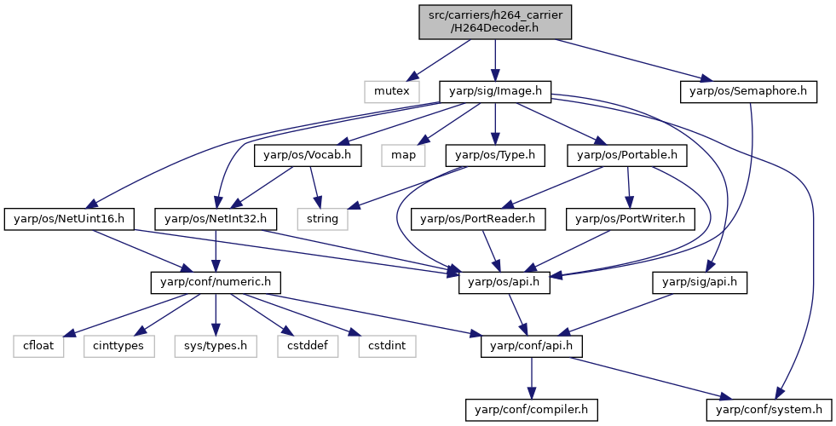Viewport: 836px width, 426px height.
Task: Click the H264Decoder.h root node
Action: (495, 22)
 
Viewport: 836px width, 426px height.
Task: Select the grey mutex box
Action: (391, 91)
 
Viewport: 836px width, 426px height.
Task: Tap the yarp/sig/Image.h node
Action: (495, 91)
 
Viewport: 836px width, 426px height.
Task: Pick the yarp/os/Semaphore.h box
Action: (748, 91)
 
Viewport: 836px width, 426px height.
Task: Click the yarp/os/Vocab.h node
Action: (307, 155)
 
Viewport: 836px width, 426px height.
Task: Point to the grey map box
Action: (403, 155)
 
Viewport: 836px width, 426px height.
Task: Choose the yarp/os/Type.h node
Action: (495, 155)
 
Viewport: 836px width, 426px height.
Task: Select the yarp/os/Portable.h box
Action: (627, 155)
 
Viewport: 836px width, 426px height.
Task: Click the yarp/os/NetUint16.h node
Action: (69, 219)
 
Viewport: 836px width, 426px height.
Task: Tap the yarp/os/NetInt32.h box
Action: (215, 219)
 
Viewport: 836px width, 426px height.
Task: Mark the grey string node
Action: (322, 219)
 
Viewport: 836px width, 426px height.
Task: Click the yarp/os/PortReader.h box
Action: (478, 219)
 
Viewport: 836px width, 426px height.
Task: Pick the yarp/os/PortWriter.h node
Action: (631, 219)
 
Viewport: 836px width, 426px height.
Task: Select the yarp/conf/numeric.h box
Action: (216, 282)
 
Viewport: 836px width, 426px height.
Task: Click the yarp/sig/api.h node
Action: (699, 282)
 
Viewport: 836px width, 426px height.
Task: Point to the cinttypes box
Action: (118, 346)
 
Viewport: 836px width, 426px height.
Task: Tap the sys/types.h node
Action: (216, 346)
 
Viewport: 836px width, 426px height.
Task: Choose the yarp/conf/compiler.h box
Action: (531, 410)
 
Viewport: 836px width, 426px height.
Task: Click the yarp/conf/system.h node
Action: (769, 410)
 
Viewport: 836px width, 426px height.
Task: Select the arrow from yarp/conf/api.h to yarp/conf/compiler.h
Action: (531, 378)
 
